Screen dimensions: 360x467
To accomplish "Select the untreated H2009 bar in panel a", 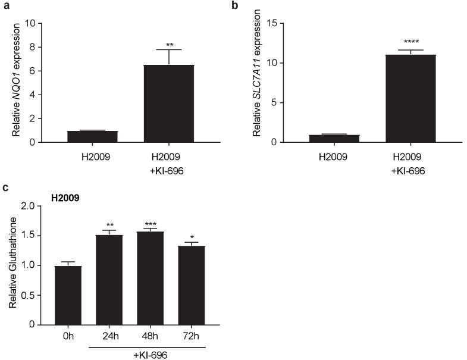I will tap(92, 136).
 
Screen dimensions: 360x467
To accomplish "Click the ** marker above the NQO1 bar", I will tap(169, 45).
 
